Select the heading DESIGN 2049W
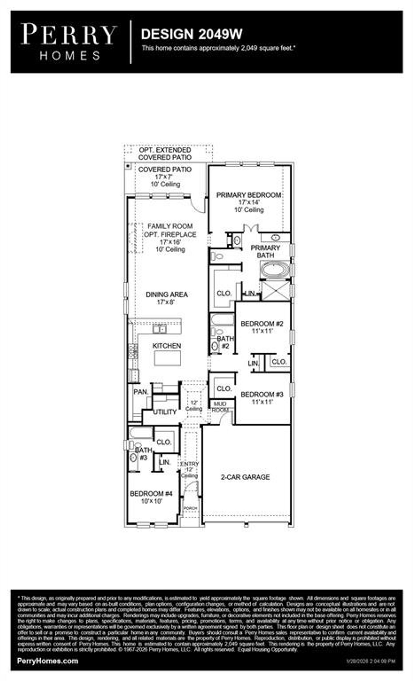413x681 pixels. (x=192, y=34)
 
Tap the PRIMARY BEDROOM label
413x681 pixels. (x=248, y=195)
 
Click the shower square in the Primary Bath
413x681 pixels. (x=276, y=290)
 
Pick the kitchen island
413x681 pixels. (x=167, y=358)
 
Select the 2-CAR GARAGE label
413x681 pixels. (x=245, y=477)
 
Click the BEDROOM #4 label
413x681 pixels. (x=151, y=494)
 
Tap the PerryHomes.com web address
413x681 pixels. (x=47, y=661)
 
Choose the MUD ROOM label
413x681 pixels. (x=220, y=407)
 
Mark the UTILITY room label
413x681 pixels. (x=165, y=412)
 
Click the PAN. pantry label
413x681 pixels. (x=141, y=392)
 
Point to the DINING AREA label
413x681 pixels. (x=166, y=294)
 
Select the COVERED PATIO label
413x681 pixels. (x=165, y=169)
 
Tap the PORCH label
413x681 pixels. (x=190, y=508)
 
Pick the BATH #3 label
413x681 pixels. (x=144, y=453)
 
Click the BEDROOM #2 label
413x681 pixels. (x=262, y=323)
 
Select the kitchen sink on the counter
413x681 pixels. (x=159, y=329)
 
